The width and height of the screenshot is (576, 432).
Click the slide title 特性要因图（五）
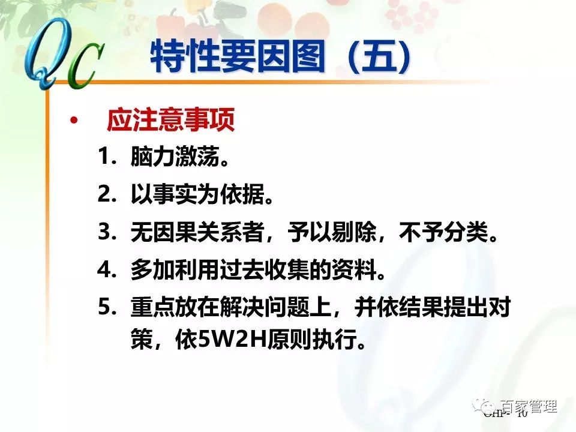pos(282,57)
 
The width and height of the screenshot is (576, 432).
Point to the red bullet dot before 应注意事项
pos(74,122)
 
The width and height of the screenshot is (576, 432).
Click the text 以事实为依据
pos(194,196)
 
